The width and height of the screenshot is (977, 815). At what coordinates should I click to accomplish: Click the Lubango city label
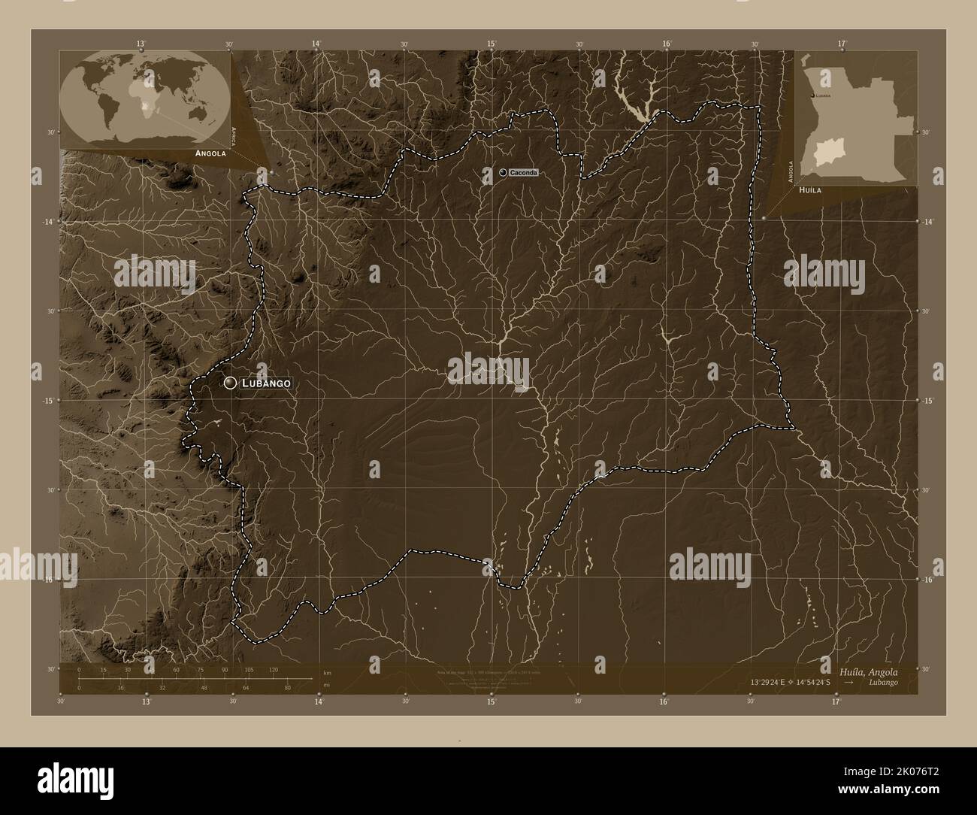pyautogui.click(x=265, y=383)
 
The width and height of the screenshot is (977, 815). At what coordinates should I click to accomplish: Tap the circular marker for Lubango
pyautogui.click(x=230, y=383)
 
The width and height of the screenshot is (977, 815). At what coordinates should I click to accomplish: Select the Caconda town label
pyautogui.click(x=523, y=173)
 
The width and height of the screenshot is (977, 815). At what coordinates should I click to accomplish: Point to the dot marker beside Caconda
pyautogui.click(x=502, y=173)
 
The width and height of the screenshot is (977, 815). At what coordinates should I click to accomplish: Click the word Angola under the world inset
pyautogui.click(x=210, y=153)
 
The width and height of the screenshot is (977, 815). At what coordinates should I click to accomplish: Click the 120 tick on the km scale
pyautogui.click(x=273, y=669)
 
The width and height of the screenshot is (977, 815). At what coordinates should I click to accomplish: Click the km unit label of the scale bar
pyautogui.click(x=326, y=671)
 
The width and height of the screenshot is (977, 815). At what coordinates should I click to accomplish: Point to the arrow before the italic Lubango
pyautogui.click(x=848, y=683)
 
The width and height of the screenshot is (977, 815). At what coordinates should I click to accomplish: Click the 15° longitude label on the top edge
pyautogui.click(x=491, y=44)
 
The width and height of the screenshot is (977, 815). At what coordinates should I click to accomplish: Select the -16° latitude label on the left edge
pyautogui.click(x=48, y=580)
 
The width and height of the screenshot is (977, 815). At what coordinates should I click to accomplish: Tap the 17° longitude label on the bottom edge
pyautogui.click(x=836, y=701)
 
